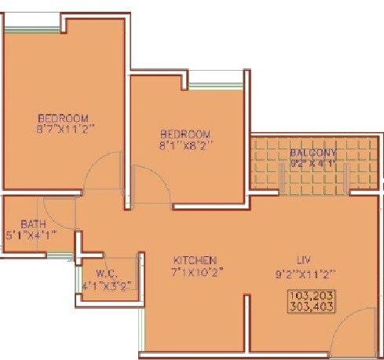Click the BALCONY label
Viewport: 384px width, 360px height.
(313, 152)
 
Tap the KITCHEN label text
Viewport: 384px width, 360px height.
(195, 260)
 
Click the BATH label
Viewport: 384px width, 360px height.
(23, 224)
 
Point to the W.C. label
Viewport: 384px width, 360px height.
(97, 276)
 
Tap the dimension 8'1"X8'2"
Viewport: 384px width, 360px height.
(185, 145)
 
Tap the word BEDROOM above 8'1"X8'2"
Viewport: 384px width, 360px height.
(185, 134)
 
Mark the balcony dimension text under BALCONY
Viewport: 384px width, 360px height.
(313, 163)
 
